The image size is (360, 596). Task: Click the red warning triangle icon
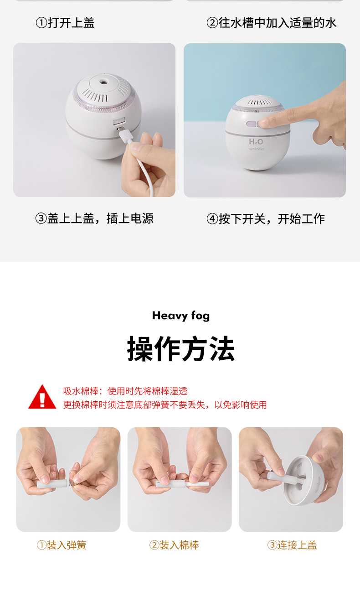click(x=42, y=397)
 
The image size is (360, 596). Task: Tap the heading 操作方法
click(x=180, y=349)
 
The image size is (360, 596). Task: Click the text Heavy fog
click(x=181, y=316)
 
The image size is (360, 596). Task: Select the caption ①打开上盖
click(x=65, y=23)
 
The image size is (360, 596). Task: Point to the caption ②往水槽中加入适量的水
click(x=272, y=23)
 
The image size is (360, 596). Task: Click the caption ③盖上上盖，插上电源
click(x=94, y=218)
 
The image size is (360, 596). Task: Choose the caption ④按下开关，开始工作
click(x=266, y=218)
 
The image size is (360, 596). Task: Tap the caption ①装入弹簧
click(x=62, y=545)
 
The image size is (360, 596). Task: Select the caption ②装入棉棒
click(x=174, y=545)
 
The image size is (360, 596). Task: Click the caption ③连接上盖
click(x=292, y=545)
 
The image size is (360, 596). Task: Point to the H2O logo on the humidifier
click(x=256, y=142)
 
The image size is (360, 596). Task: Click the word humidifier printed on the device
click(x=256, y=149)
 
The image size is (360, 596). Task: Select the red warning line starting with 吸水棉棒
click(x=125, y=391)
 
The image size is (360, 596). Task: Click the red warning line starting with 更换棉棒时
click(x=165, y=404)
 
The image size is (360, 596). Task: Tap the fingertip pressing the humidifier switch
click(x=264, y=123)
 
